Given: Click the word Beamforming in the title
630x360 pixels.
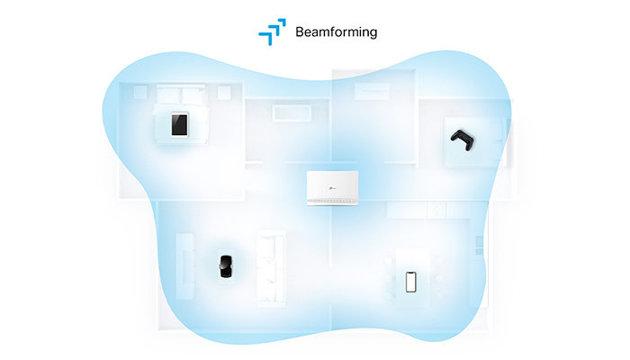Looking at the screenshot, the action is [336, 32].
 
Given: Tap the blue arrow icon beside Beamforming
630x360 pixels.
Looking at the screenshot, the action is [272, 31].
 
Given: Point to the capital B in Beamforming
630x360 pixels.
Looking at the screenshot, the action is [301, 31].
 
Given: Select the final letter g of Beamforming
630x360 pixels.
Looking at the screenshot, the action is [373, 34].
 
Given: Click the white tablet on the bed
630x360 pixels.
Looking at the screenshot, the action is [181, 124].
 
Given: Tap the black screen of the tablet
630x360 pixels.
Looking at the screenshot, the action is [181, 124].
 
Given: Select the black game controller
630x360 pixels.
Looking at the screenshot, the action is [461, 139].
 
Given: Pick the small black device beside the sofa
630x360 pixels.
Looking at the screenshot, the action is [225, 266].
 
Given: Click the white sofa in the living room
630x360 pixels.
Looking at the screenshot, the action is [271, 265].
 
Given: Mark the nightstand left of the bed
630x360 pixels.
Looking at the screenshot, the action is [140, 92].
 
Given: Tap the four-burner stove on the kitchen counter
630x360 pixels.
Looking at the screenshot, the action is [437, 211].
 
